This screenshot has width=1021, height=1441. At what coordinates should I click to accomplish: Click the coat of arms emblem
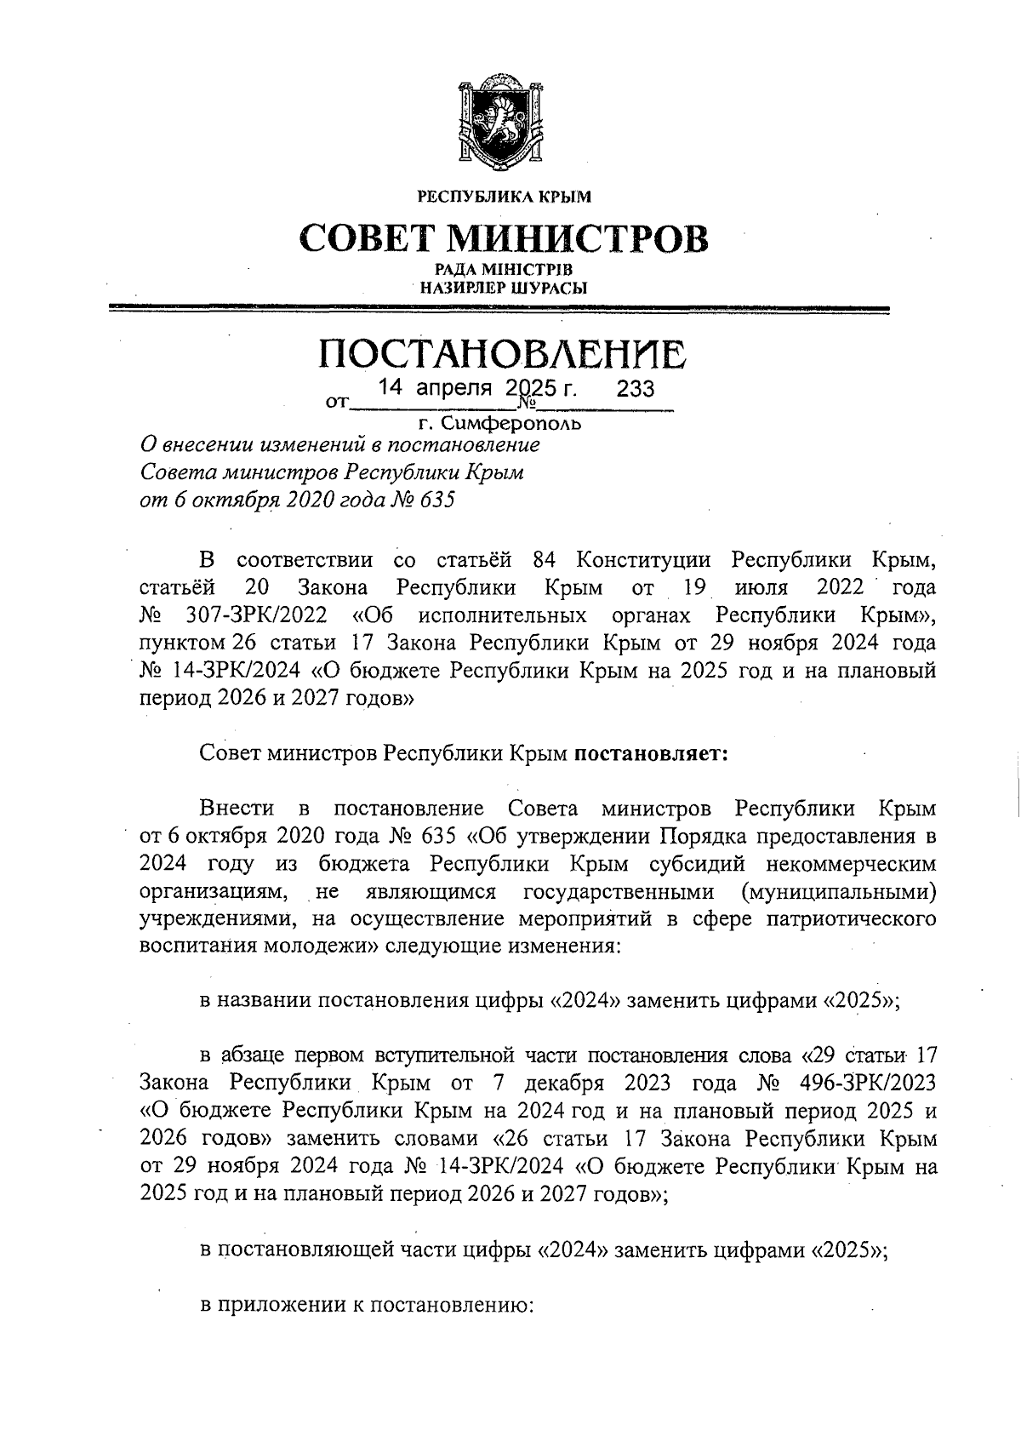[500, 121]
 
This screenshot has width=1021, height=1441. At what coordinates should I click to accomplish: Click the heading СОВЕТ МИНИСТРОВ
[504, 239]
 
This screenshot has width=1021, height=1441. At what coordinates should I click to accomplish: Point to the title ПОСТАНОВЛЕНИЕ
[502, 353]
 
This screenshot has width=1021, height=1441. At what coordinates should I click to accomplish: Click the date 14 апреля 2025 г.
[477, 389]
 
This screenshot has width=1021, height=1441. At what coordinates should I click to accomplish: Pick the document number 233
[635, 390]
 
